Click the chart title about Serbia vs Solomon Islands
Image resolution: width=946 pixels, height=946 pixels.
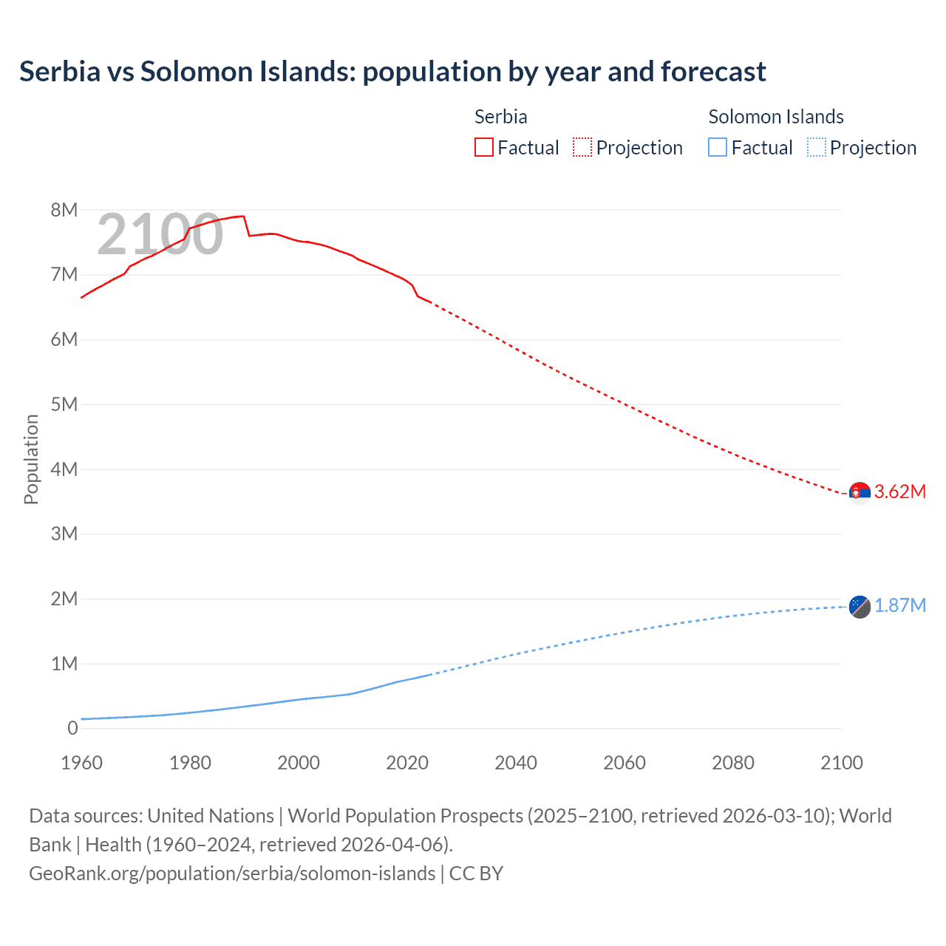tap(392, 72)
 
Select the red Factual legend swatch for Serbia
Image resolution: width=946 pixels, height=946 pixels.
tap(483, 148)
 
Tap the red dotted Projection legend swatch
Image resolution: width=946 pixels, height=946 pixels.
tap(582, 148)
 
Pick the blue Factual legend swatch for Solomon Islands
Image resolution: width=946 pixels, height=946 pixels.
tap(717, 148)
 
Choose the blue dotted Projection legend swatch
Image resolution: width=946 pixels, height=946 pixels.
tap(816, 148)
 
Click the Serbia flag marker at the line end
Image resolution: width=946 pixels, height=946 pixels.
tap(860, 492)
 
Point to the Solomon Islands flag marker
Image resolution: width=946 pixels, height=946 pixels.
tap(860, 607)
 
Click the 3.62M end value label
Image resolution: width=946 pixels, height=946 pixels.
tap(900, 492)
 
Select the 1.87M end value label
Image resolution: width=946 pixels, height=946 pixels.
tap(900, 606)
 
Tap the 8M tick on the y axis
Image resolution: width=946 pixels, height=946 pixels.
tap(64, 210)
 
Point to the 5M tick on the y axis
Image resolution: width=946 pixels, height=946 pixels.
tap(64, 404)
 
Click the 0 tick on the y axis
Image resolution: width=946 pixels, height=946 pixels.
tap(72, 728)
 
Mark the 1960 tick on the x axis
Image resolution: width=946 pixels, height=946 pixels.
tap(81, 763)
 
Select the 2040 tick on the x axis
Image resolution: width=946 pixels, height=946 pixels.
tap(516, 763)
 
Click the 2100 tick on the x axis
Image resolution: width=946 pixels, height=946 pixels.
tap(841, 763)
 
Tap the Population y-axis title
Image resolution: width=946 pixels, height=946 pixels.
tap(31, 459)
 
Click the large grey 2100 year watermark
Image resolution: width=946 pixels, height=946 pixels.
tap(160, 234)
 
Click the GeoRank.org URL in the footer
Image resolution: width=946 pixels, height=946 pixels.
tap(232, 874)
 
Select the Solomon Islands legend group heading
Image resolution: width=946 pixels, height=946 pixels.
tap(775, 117)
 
